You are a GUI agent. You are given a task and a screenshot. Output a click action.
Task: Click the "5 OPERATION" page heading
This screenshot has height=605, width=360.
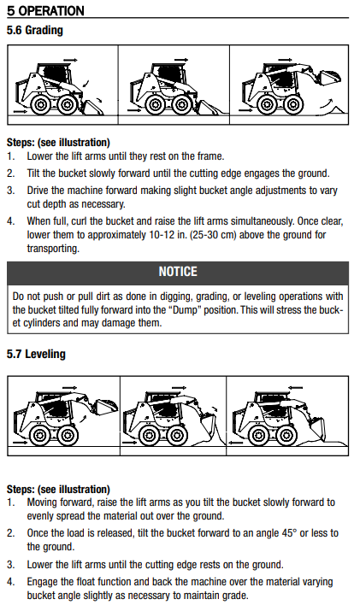click(45, 10)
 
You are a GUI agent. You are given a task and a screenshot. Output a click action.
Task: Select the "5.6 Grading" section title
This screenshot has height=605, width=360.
click(35, 30)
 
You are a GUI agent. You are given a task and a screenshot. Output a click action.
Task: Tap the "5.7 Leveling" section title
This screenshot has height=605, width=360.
click(36, 354)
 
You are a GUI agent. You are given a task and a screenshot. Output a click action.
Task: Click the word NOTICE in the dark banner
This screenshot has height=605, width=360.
click(178, 272)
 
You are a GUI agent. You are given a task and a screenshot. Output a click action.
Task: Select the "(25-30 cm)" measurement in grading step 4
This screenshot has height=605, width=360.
click(213, 235)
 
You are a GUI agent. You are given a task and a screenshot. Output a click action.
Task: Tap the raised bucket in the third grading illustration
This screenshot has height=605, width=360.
click(329, 79)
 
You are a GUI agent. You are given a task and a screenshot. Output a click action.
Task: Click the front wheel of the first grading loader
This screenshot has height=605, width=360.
click(68, 104)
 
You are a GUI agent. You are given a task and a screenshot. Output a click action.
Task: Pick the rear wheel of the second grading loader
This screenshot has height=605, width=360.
click(156, 104)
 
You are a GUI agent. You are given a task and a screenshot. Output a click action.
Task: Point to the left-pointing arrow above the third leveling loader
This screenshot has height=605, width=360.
click(296, 387)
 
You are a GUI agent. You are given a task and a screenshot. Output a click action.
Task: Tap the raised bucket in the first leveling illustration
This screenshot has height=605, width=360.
click(106, 408)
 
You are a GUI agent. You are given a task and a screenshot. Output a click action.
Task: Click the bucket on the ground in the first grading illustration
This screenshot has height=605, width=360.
click(92, 108)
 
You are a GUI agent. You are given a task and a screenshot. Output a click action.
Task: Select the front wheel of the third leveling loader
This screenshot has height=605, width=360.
click(286, 436)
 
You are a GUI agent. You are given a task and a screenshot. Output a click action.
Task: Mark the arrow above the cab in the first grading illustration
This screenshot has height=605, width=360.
click(71, 60)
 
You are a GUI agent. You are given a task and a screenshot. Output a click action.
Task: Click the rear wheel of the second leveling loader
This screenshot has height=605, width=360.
click(149, 436)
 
